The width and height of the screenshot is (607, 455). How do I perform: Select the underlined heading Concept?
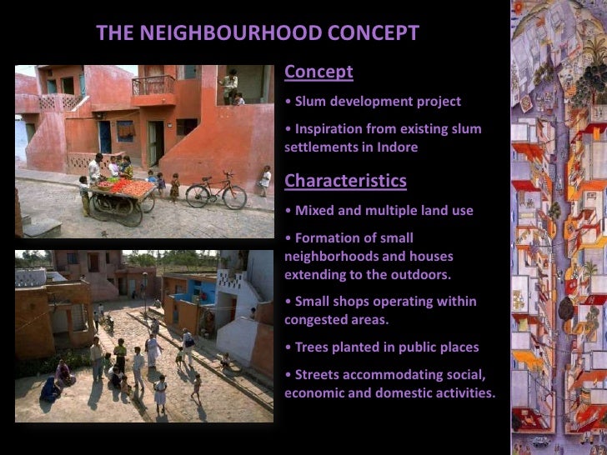point(319,72)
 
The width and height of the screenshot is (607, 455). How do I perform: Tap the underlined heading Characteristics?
point(345,181)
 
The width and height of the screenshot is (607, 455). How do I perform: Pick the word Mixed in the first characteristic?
point(315,211)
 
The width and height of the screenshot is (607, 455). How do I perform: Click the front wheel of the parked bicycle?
point(234,197)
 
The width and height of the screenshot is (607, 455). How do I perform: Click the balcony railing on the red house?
point(153,85)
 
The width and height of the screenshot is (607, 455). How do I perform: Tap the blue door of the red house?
point(105,137)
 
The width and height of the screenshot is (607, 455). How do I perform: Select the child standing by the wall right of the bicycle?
point(265,179)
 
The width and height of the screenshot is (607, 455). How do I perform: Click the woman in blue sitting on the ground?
point(50,388)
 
